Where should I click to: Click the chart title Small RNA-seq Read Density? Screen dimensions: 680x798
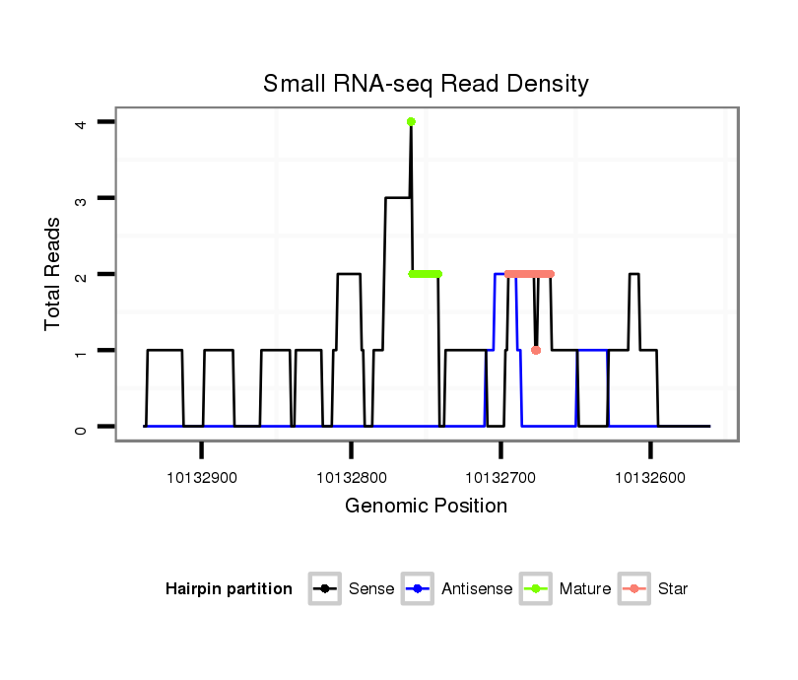click(426, 84)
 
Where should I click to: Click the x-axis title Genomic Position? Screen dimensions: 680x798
click(426, 507)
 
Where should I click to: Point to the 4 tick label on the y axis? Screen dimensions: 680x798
click(81, 122)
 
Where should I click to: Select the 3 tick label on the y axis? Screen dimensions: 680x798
click(81, 198)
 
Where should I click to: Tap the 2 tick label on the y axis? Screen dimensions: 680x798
click(81, 274)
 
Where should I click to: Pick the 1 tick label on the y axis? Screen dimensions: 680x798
click(81, 351)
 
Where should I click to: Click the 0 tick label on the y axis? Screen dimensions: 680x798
click(81, 427)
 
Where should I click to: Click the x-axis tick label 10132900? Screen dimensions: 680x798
click(202, 478)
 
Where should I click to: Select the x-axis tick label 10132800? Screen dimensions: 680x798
click(352, 478)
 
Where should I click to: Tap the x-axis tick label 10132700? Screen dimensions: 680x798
click(501, 478)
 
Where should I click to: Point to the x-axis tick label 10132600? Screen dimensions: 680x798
click(651, 478)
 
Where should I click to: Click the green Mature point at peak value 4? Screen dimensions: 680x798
click(411, 122)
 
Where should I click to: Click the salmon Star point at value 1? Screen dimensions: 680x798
click(536, 350)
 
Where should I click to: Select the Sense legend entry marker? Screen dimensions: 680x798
click(324, 589)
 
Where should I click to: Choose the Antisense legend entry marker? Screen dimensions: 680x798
click(418, 589)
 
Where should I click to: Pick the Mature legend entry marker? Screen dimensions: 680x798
click(536, 589)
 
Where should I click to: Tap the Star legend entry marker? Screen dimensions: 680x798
click(634, 589)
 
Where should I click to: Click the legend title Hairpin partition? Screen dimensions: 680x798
click(229, 589)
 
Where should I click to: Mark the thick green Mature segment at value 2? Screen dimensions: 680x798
click(426, 274)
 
